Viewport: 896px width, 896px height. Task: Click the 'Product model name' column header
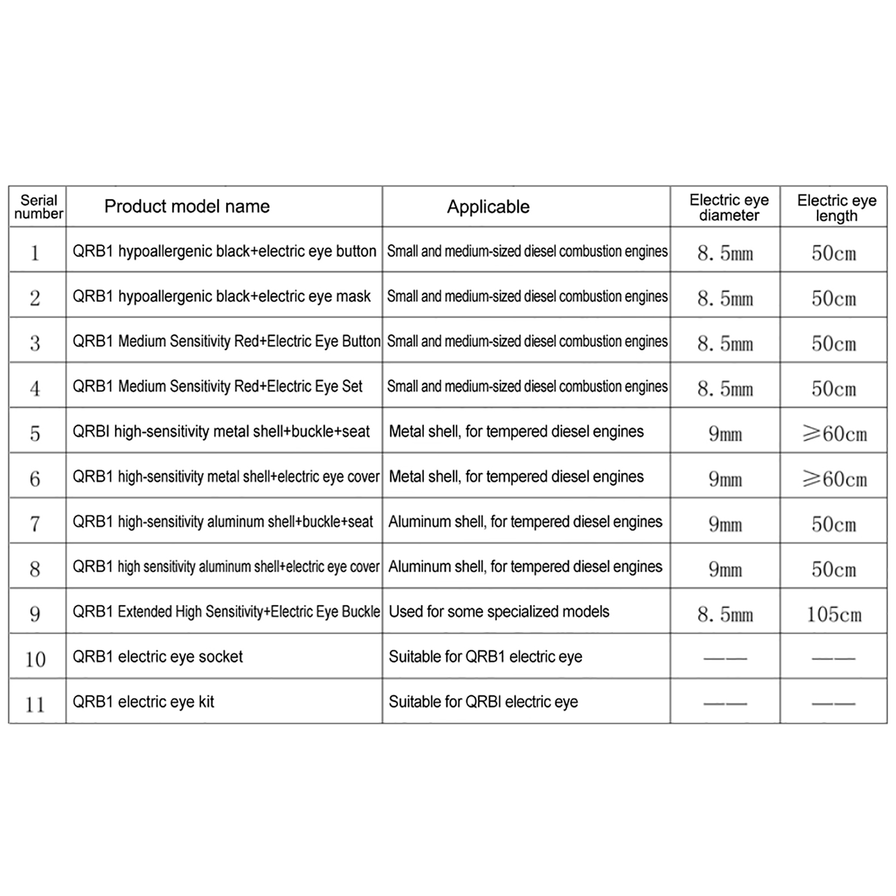186,207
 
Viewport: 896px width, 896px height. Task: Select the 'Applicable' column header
488,207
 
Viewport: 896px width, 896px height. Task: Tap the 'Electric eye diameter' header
729,208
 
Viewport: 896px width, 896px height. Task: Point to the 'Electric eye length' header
837,208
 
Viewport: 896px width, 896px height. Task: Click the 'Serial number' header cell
38,207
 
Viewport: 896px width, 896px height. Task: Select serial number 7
35,524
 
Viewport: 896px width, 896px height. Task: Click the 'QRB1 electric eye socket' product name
158,656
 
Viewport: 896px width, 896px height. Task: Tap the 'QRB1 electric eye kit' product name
143,702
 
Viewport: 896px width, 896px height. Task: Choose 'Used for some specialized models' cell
498,612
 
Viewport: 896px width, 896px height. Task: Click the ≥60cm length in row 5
834,434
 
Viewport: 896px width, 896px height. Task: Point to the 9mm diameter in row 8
725,570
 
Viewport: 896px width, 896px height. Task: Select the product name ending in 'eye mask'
222,296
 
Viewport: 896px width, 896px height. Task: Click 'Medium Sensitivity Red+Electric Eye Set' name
217,386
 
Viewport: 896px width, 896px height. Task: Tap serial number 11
35,704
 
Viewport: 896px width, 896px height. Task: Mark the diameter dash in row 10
725,658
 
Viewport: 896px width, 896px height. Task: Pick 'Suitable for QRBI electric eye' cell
483,702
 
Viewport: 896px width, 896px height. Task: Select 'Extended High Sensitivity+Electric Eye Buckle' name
226,612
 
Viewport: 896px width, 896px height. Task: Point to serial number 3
35,343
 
